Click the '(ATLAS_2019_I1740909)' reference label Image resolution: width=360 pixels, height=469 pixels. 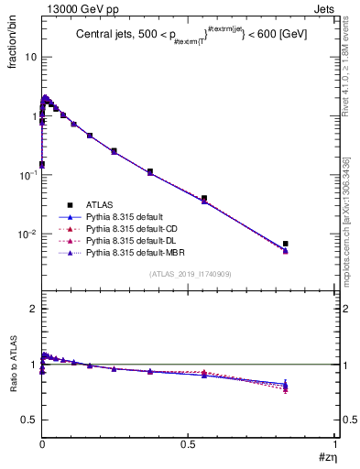coord(190,274)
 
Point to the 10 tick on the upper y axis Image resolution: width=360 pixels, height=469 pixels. coord(30,57)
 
